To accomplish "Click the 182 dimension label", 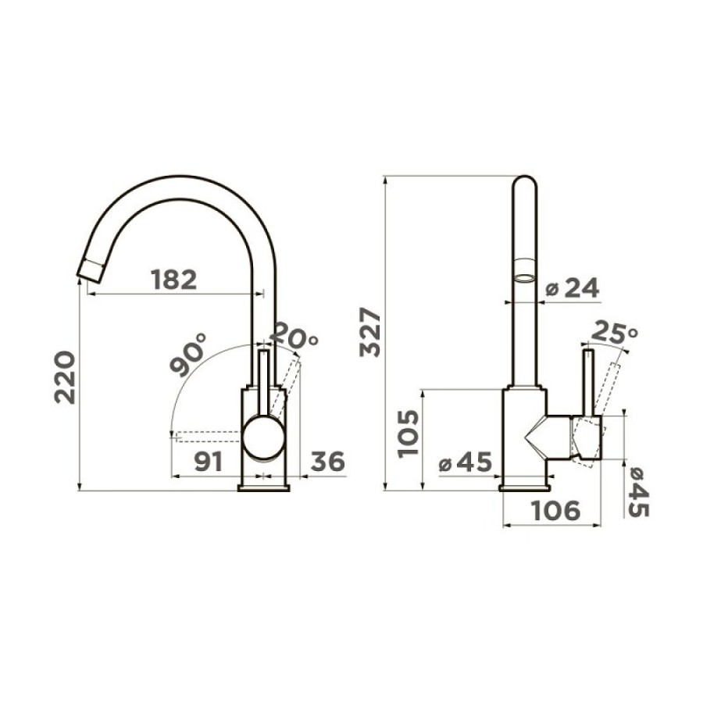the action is (x=174, y=280).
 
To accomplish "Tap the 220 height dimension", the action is (x=65, y=377).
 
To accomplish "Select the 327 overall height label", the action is (x=370, y=332).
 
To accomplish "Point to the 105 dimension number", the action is (x=408, y=434).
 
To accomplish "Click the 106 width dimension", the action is (x=555, y=511).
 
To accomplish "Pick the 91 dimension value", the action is (x=209, y=462).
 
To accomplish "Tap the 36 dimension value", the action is (x=328, y=462).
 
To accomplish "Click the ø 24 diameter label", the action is (x=572, y=287).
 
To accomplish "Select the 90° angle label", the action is (x=188, y=355).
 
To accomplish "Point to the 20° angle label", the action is (x=294, y=335).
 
